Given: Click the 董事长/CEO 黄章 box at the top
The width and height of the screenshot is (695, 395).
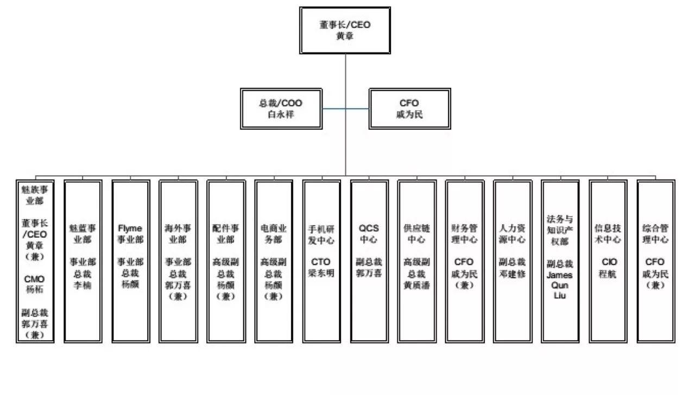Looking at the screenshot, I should pyautogui.click(x=345, y=30).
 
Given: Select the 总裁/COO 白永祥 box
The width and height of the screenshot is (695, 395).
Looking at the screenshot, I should pyautogui.click(x=281, y=109).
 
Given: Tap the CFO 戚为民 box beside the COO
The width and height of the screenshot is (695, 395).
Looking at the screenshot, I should pyautogui.click(x=409, y=109).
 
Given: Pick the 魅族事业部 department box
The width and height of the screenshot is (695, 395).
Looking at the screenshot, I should pyautogui.click(x=35, y=261).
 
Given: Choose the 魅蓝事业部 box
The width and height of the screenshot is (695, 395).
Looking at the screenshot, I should pyautogui.click(x=83, y=261).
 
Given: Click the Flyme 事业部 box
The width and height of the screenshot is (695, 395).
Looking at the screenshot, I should pyautogui.click(x=131, y=261).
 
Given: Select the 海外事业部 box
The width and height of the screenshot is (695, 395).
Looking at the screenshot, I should pyautogui.click(x=178, y=261).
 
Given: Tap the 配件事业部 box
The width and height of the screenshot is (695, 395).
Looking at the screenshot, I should pyautogui.click(x=226, y=261).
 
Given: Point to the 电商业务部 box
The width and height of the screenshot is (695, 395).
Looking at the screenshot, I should pyautogui.click(x=274, y=261).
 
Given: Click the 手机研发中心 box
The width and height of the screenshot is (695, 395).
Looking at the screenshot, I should pyautogui.click(x=321, y=261).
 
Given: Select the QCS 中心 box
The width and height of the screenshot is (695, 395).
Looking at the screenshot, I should pyautogui.click(x=369, y=261).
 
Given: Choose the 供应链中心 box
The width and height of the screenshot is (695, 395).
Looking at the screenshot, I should pyautogui.click(x=417, y=261).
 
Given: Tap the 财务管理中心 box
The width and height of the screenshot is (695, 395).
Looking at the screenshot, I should pyautogui.click(x=465, y=261).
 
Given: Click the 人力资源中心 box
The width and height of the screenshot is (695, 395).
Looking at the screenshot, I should pyautogui.click(x=513, y=261).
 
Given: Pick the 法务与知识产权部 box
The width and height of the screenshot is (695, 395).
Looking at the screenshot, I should pyautogui.click(x=560, y=261).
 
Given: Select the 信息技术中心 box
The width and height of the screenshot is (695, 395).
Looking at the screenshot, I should pyautogui.click(x=608, y=261).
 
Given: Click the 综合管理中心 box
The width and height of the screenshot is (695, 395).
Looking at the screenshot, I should pyautogui.click(x=656, y=261).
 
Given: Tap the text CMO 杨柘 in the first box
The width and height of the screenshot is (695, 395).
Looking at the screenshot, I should pyautogui.click(x=35, y=284).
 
